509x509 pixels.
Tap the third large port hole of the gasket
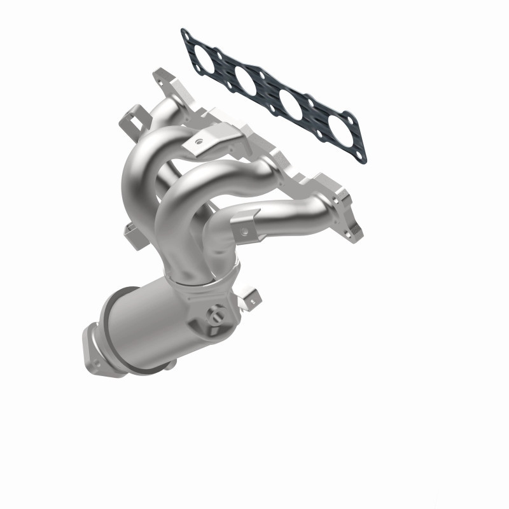click(289, 104)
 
